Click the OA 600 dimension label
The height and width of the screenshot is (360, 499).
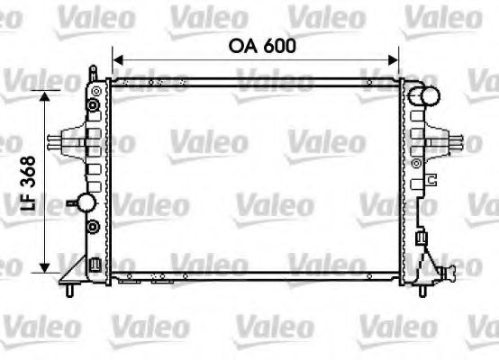(255, 45)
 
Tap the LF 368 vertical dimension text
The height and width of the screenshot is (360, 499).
(28, 184)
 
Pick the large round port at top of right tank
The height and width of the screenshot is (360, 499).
(426, 97)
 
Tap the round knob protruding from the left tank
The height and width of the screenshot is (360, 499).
(85, 202)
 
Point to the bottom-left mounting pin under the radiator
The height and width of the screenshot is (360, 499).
(69, 289)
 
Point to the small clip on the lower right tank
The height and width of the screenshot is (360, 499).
(421, 236)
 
